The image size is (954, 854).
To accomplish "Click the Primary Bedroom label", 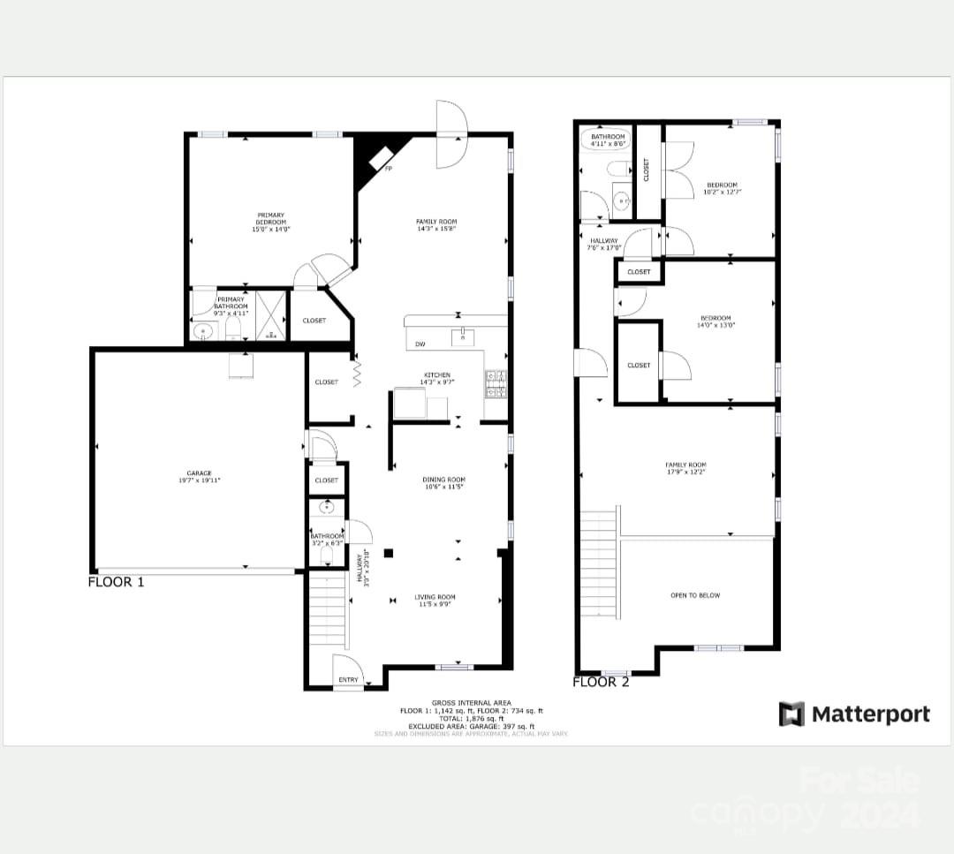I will tap(271, 222).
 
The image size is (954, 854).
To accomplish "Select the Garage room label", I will tap(199, 477).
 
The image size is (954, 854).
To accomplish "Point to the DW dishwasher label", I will tap(420, 344).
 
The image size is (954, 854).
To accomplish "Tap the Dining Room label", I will tap(443, 483).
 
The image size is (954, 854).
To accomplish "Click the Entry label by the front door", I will tap(348, 679).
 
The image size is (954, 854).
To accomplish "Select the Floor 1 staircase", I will tap(328, 610).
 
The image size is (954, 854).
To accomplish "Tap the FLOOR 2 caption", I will tap(601, 682).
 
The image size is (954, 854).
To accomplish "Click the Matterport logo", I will tap(854, 714).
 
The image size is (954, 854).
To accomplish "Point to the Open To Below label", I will tap(695, 595).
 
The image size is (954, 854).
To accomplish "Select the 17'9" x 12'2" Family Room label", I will tap(685, 468).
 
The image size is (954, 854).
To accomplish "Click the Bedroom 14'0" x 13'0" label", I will tap(715, 321).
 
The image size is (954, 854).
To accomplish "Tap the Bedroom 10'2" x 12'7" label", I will tap(722, 187).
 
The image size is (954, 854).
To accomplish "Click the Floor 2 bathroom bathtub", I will tap(606, 139).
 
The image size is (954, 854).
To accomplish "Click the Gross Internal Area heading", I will tap(471, 703).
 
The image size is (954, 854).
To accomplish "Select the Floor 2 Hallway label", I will tap(603, 244).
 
